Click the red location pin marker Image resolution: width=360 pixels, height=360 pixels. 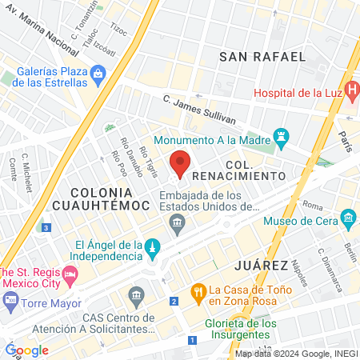(x=180, y=161)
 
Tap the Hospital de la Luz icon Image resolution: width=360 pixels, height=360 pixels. (x=351, y=93)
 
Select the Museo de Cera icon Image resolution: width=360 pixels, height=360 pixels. (x=348, y=217)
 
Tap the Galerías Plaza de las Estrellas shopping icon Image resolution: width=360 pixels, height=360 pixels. (x=98, y=75)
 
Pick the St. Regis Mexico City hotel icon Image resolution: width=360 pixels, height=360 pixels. (x=70, y=275)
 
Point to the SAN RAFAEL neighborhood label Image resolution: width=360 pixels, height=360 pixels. (x=262, y=57)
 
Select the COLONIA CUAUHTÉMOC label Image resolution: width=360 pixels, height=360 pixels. (x=110, y=199)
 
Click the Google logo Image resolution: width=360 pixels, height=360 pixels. (x=26, y=350)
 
